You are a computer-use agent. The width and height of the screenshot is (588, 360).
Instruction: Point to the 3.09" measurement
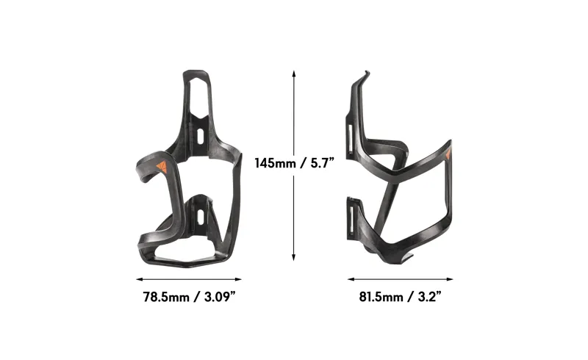(216, 297)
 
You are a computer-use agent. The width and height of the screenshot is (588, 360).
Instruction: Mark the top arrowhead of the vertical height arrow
(294, 73)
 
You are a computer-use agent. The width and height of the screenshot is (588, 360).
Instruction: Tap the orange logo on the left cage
(162, 166)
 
